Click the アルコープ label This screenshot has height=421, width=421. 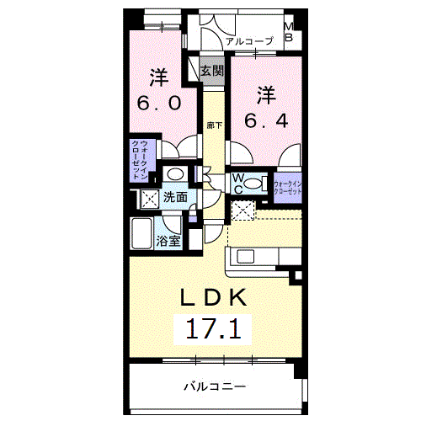(250, 40)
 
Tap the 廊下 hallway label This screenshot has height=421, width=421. (215, 125)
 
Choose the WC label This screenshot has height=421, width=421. (237, 183)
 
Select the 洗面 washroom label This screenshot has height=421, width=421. (175, 198)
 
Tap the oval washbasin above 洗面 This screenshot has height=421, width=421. (174, 173)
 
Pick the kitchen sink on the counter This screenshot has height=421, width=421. (250, 257)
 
